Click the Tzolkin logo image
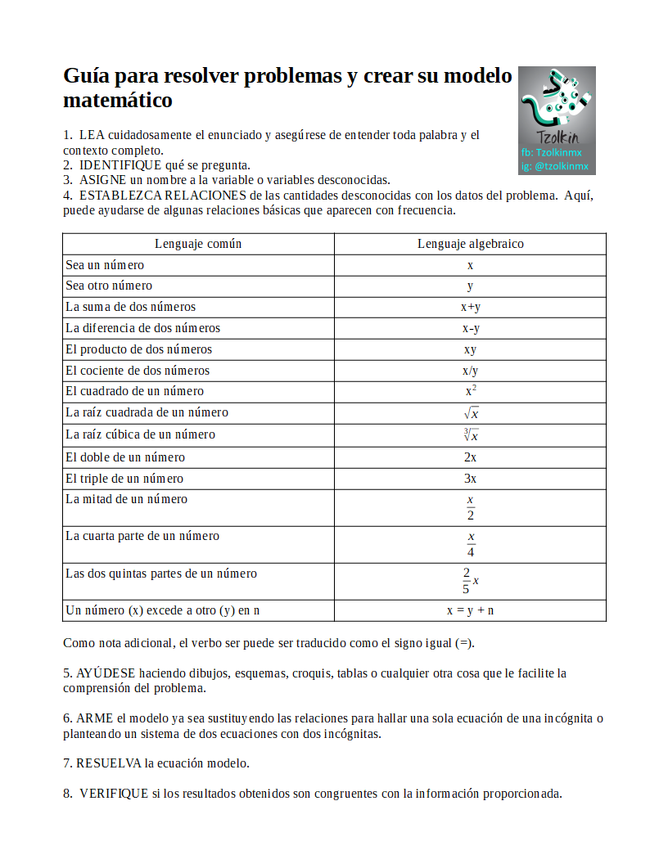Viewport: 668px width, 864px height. click(557, 119)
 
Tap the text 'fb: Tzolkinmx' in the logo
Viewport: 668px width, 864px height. click(551, 152)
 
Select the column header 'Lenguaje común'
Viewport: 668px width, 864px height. click(198, 244)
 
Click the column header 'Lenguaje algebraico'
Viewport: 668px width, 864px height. click(470, 244)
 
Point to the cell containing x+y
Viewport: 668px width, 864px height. click(470, 308)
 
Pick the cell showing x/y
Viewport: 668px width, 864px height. click(470, 371)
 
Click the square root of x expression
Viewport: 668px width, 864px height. click(471, 413)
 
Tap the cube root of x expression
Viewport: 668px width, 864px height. click(471, 435)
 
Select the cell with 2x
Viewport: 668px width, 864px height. click(470, 457)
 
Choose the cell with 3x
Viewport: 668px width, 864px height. click(470, 479)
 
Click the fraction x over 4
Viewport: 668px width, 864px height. click(471, 544)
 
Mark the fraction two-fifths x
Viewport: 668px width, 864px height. click(470, 580)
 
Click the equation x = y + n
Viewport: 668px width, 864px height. click(470, 610)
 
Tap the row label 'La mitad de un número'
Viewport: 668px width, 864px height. click(127, 499)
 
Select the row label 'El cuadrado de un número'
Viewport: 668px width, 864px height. click(135, 391)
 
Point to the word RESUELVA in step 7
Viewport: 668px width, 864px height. click(108, 763)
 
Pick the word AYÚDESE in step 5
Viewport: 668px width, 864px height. click(106, 673)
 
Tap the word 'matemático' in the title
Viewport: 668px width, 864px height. click(118, 101)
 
